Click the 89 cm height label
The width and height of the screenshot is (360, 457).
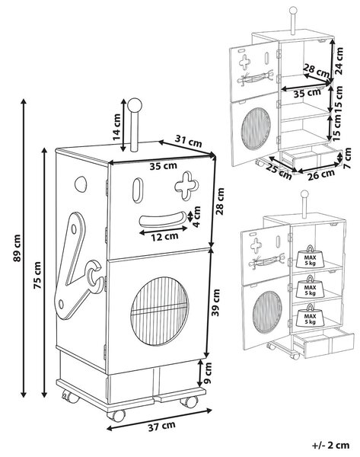click(18, 248)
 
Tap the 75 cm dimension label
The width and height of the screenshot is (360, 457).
click(37, 276)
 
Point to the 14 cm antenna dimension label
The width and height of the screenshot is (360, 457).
click(116, 127)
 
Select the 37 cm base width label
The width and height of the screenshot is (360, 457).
click(161, 426)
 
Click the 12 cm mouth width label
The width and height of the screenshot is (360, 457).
click(164, 236)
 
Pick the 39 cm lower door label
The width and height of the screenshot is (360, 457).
click(216, 302)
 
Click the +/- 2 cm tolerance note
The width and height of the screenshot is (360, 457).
click(330, 446)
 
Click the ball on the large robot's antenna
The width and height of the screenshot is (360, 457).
click(135, 105)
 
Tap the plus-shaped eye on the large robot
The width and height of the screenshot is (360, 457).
click(186, 187)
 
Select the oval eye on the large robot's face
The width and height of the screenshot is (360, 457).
click(138, 190)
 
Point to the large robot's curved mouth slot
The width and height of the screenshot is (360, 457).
click(163, 220)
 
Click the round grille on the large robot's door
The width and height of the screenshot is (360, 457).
click(159, 311)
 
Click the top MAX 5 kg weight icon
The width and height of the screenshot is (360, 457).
click(310, 257)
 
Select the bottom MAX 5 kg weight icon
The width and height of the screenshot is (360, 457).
click(310, 315)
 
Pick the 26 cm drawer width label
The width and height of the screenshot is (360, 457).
click(321, 174)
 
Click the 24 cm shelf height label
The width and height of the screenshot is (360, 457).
click(339, 61)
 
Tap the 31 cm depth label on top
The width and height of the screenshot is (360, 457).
click(189, 141)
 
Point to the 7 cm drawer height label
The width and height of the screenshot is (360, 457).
click(347, 158)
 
